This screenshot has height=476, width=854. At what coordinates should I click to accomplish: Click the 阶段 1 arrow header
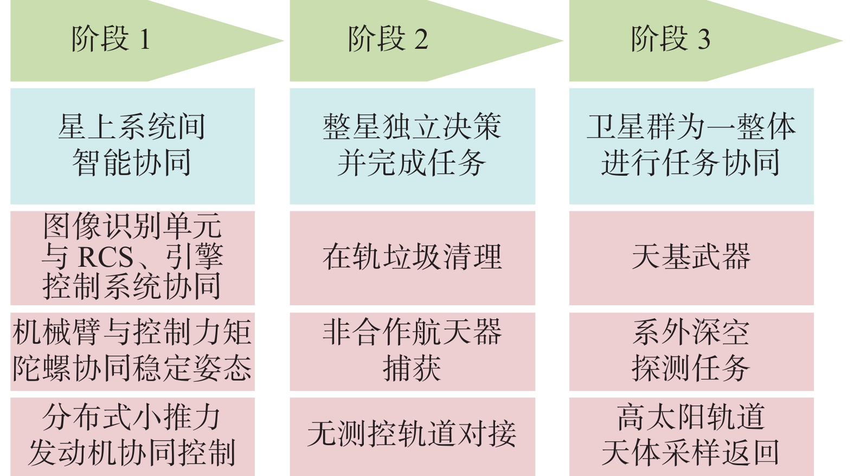(x=111, y=41)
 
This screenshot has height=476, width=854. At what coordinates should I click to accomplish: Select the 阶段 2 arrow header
(x=388, y=41)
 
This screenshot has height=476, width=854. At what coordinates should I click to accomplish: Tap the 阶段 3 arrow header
(x=670, y=41)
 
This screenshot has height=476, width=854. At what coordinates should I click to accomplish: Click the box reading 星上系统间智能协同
(x=132, y=145)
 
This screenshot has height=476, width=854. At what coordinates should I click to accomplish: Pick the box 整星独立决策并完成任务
(x=412, y=145)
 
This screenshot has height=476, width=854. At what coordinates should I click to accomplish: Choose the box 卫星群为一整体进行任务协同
(x=691, y=145)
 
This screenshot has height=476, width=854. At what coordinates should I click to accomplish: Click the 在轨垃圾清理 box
(x=412, y=258)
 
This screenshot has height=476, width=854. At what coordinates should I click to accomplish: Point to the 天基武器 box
(x=691, y=258)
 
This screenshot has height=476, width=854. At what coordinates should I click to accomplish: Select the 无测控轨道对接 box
(x=412, y=435)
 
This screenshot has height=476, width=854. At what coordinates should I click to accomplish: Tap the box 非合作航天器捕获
(x=412, y=351)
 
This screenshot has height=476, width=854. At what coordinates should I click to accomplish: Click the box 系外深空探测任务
(x=691, y=351)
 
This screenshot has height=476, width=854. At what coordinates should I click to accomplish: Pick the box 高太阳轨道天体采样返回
(x=691, y=435)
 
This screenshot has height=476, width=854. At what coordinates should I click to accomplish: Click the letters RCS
(x=106, y=257)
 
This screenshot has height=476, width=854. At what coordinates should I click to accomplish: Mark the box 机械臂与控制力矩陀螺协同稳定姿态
(x=132, y=351)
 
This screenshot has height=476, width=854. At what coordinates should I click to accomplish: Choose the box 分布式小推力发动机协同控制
(x=132, y=435)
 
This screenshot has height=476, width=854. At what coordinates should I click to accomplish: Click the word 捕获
(x=412, y=369)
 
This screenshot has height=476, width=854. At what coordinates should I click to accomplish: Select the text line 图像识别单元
(x=132, y=227)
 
